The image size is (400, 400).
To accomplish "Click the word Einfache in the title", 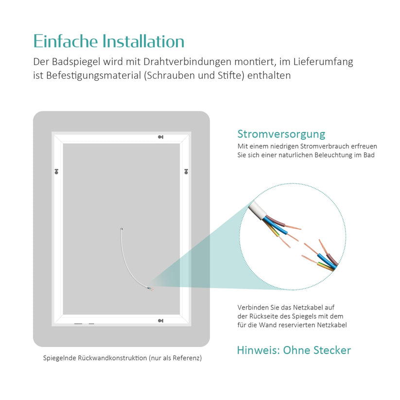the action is (66, 41).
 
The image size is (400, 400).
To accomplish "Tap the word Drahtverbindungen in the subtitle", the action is (188, 62).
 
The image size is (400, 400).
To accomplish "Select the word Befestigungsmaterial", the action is (94, 76).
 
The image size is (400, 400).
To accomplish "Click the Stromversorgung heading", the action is (281, 134).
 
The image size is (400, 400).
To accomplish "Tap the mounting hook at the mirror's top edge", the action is (160, 137).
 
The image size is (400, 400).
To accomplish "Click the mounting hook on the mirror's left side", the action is (56, 172).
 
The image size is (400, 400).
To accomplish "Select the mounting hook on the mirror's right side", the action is (186, 172).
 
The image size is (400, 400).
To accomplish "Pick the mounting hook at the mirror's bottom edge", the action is (160, 321).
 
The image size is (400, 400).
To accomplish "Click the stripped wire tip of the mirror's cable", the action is (151, 289).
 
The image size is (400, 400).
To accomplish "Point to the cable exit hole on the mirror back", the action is (122, 229).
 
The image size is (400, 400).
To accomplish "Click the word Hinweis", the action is (259, 350).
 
